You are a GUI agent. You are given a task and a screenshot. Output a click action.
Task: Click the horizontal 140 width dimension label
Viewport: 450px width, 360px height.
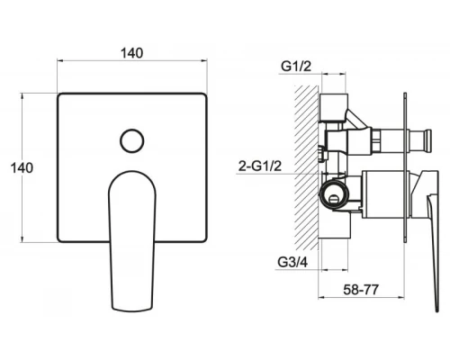pos(131,53)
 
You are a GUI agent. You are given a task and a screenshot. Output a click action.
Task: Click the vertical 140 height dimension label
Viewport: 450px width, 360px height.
pos(22,167)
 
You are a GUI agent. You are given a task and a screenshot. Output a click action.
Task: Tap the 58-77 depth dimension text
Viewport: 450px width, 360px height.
pos(361,290)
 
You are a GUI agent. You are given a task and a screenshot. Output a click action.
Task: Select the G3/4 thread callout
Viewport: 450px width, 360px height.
pos(292,262)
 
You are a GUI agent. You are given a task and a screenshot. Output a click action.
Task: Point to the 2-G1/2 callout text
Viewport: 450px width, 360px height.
pos(260,166)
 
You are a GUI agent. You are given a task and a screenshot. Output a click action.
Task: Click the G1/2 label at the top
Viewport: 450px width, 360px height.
pos(296,67)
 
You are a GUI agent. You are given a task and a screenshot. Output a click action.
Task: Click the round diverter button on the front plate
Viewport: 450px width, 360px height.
pos(132,140)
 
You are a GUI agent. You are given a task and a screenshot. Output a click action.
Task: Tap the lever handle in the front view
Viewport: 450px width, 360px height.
pos(132,241)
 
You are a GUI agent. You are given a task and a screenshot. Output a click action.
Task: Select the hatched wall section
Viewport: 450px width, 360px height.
pos(306,167)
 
